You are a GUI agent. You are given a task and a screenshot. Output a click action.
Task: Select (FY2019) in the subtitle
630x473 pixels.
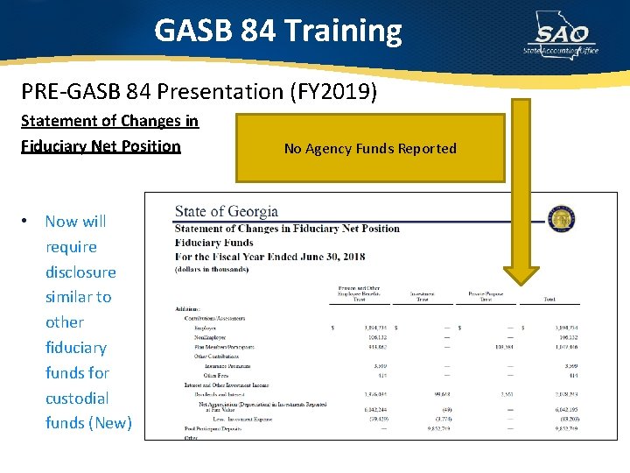tap(342, 91)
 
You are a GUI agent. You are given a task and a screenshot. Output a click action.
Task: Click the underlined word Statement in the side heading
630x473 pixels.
tap(58, 121)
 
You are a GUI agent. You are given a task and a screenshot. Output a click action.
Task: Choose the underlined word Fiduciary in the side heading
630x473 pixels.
tap(58, 145)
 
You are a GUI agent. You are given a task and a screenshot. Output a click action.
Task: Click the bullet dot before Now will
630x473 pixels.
tap(29, 222)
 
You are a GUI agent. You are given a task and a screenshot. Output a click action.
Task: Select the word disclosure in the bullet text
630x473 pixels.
tap(80, 272)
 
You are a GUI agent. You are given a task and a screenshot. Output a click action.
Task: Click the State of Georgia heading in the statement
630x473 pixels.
tap(226, 211)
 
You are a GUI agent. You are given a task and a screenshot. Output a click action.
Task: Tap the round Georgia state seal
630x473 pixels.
tap(562, 217)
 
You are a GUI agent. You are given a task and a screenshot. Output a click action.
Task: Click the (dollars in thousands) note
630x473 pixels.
tap(212, 269)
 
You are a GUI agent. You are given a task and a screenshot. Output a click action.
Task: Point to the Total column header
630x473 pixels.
tap(549, 299)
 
